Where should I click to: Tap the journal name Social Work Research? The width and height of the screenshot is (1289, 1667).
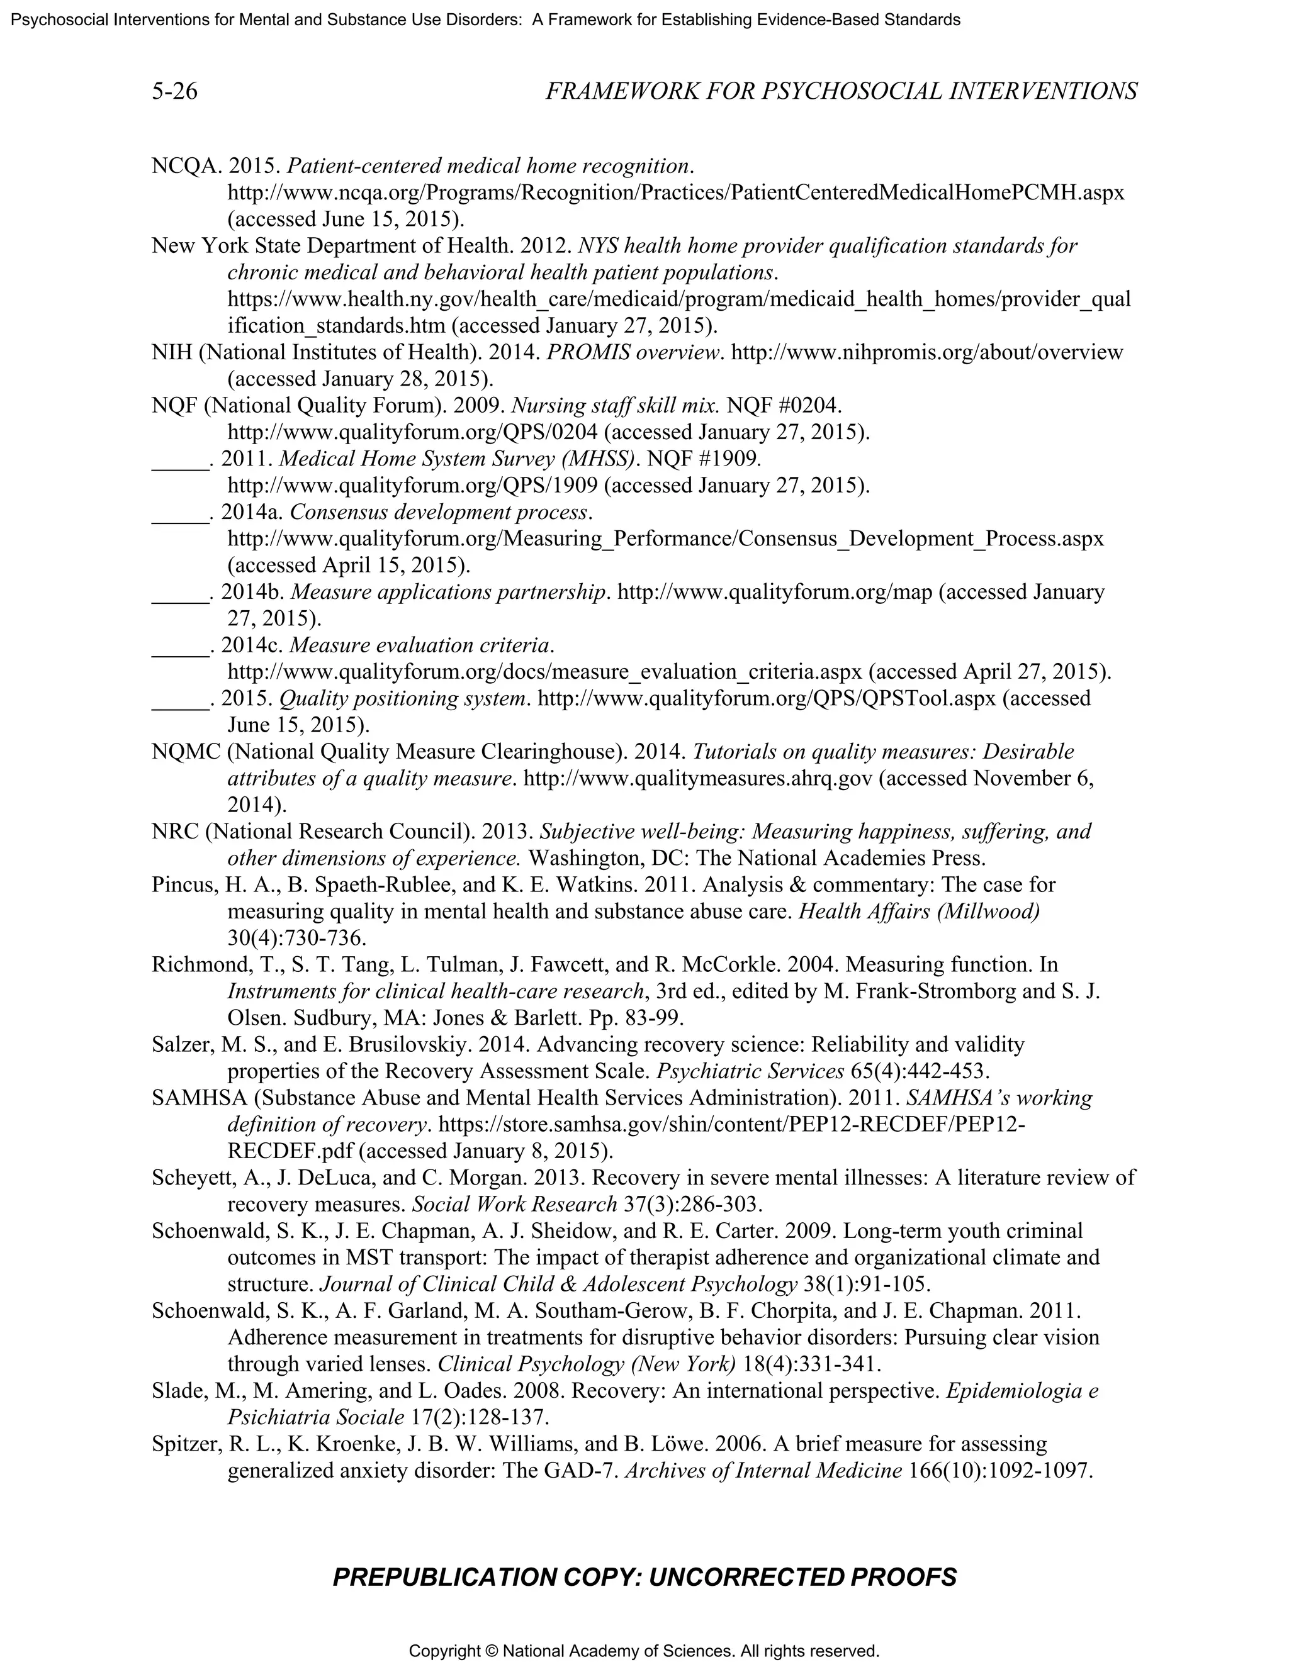pyautogui.click(x=514, y=1205)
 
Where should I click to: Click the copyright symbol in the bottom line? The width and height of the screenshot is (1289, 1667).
pyautogui.click(x=491, y=1651)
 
